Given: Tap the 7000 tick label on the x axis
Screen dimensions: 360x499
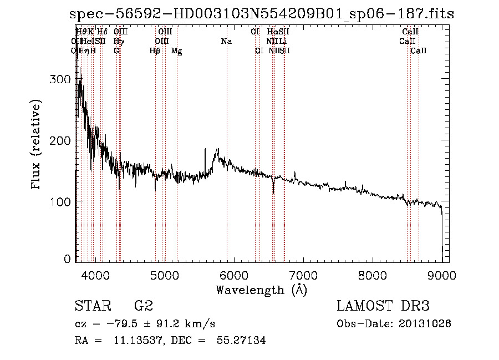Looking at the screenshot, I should pyautogui.click(x=303, y=274).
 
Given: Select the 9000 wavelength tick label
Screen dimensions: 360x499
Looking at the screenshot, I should pyautogui.click(x=442, y=274).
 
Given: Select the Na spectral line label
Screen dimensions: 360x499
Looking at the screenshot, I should pyautogui.click(x=226, y=42).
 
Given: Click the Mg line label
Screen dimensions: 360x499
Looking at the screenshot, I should pyautogui.click(x=177, y=51).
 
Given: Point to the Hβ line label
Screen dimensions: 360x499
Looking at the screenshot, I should pyautogui.click(x=155, y=51).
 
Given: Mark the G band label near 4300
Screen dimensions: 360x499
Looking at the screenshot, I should pyautogui.click(x=116, y=51).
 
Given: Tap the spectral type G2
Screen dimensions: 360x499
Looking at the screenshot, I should pyautogui.click(x=144, y=306).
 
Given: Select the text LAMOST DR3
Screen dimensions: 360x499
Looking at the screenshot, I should pyautogui.click(x=383, y=306).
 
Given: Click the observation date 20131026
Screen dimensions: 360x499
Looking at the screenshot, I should pyautogui.click(x=427, y=323).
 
